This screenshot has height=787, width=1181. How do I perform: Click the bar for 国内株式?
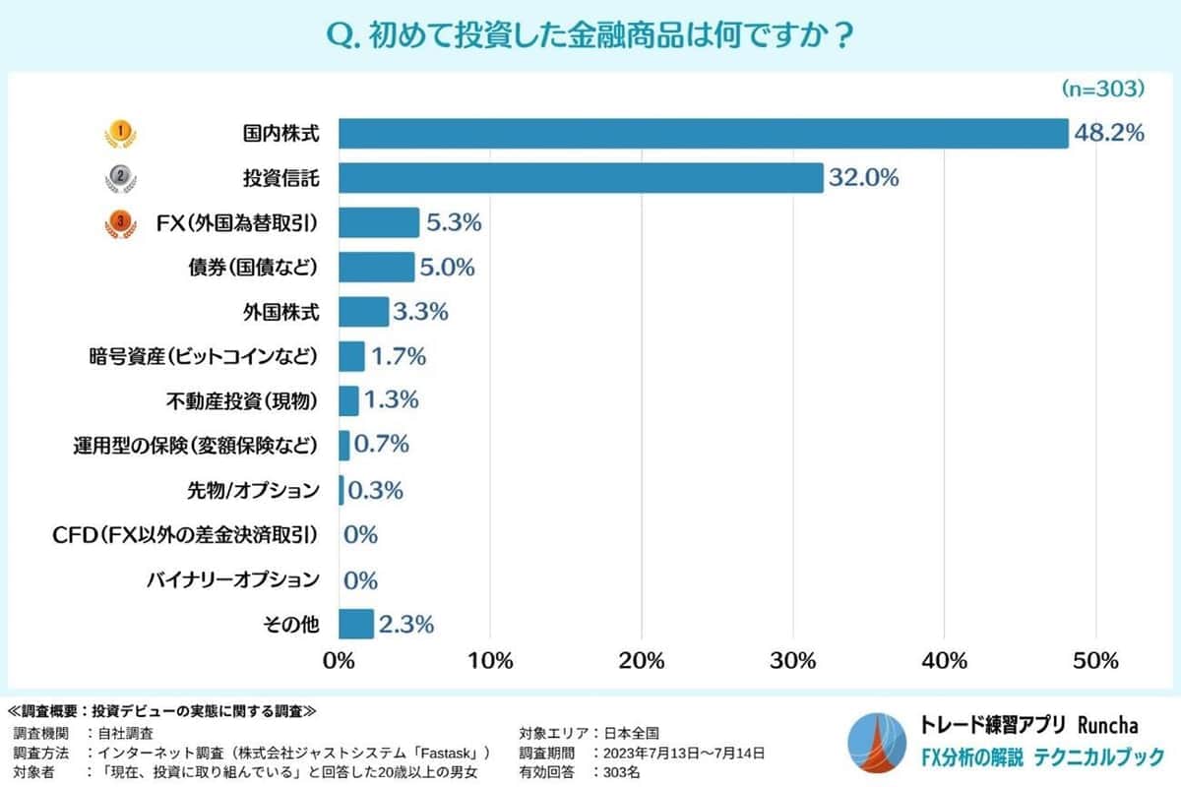tap(703, 133)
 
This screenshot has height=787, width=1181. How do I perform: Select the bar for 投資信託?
tap(581, 178)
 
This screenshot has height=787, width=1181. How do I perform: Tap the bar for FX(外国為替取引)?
tap(379, 223)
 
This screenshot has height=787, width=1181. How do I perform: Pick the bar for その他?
tap(356, 624)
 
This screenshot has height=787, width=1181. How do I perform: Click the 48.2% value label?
tap(1109, 133)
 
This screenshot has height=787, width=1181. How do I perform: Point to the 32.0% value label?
tap(864, 178)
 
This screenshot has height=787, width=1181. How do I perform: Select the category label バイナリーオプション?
tap(232, 579)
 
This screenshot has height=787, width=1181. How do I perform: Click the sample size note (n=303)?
tap(1102, 89)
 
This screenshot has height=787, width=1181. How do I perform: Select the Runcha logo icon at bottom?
tap(878, 741)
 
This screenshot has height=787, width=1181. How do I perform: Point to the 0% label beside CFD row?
tap(361, 535)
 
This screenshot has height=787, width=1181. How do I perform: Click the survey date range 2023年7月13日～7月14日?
tap(679, 753)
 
